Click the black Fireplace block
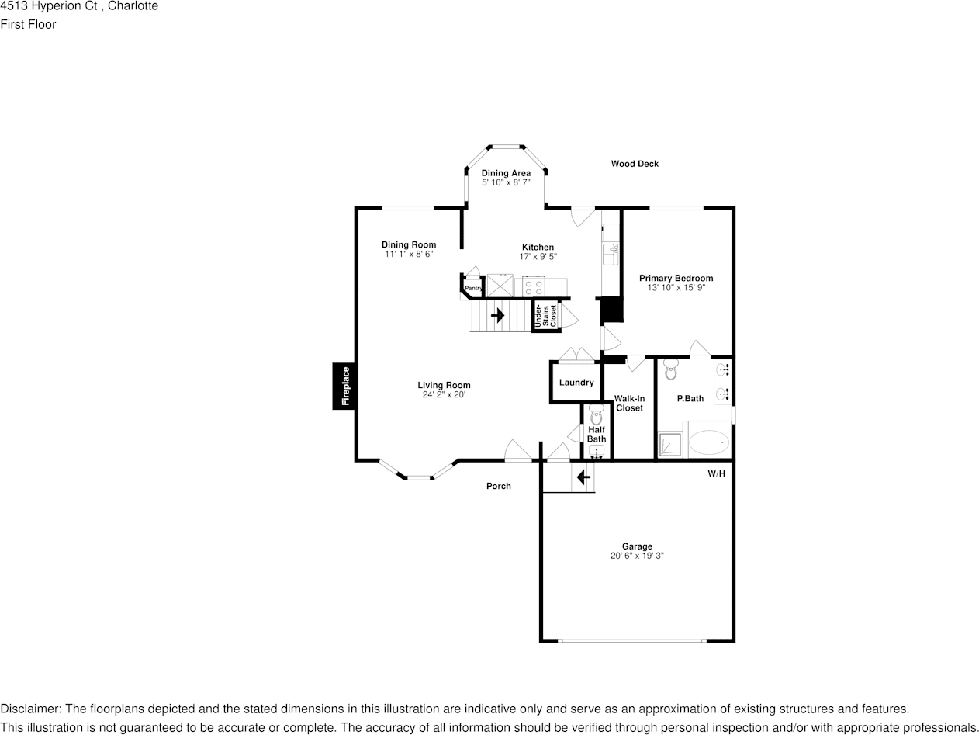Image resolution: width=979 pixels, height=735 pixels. (x=345, y=386)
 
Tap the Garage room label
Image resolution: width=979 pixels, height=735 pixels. (x=637, y=546)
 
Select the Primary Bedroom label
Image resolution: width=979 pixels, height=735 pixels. (x=676, y=278)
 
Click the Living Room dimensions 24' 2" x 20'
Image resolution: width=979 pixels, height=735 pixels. (x=444, y=395)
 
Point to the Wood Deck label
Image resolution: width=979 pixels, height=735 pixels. (x=635, y=164)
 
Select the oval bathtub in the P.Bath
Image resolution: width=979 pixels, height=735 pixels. (x=709, y=443)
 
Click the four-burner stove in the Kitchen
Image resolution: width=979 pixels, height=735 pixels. (x=533, y=286)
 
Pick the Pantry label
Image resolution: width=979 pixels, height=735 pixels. (x=472, y=289)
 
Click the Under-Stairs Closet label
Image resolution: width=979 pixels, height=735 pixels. (x=545, y=316)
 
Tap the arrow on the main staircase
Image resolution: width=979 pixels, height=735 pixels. (x=497, y=316)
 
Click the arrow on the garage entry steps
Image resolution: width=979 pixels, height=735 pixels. (x=583, y=477)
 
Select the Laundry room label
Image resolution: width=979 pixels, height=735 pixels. (x=576, y=383)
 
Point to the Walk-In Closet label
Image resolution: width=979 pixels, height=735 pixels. (x=629, y=404)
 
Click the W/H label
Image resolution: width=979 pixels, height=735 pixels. (x=716, y=473)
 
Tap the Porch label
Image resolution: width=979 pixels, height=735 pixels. (x=498, y=486)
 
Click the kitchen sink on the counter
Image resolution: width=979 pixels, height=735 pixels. (x=611, y=250)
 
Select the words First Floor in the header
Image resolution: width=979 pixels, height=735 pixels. (x=28, y=24)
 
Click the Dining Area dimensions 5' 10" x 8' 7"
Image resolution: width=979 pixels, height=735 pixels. (x=506, y=182)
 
